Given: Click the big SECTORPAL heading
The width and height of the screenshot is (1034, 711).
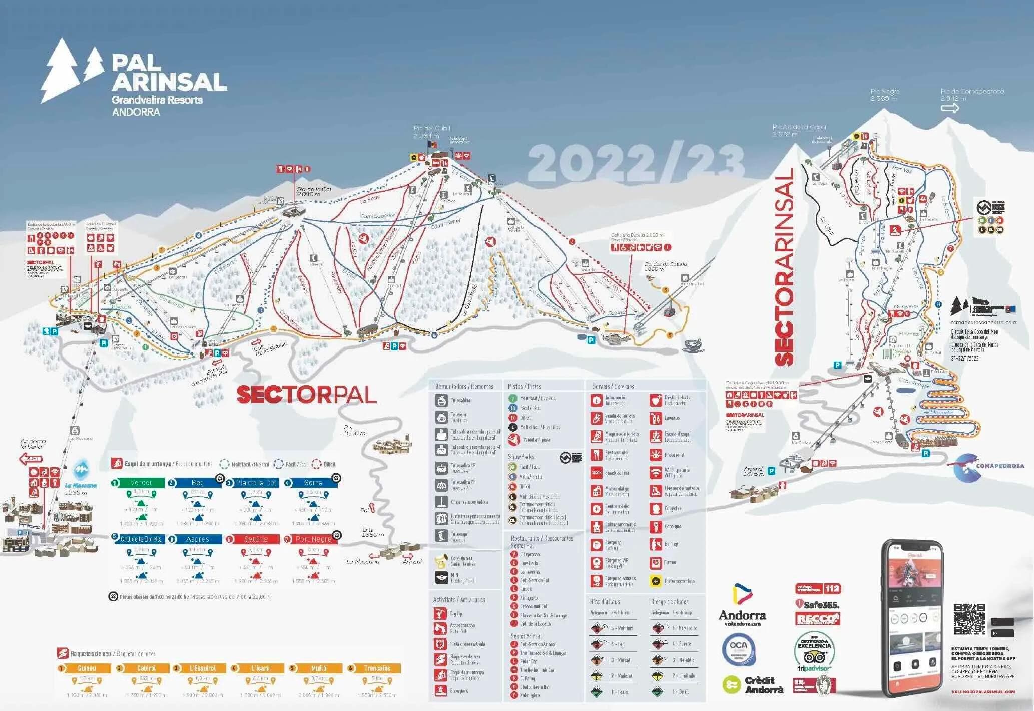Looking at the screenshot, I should (306, 395).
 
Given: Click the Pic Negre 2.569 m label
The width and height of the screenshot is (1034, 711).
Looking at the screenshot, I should (885, 95).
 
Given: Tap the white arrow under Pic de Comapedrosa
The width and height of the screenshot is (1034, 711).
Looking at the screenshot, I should (949, 108).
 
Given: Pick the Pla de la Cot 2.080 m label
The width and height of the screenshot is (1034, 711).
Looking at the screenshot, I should (314, 191).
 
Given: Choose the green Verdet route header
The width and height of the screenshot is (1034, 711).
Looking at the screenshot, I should (140, 483).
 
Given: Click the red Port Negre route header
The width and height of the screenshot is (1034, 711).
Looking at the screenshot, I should (313, 539).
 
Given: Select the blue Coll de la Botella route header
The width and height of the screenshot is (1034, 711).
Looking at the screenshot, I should (141, 539).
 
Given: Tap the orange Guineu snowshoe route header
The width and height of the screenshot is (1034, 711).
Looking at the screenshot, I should (87, 668).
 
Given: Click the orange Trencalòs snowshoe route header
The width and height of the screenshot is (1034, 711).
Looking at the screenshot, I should (377, 668).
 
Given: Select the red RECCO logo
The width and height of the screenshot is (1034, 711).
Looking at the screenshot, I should (818, 619).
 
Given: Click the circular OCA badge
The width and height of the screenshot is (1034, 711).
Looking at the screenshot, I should (738, 649).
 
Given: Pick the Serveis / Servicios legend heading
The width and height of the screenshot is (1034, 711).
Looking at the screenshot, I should (613, 386).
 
